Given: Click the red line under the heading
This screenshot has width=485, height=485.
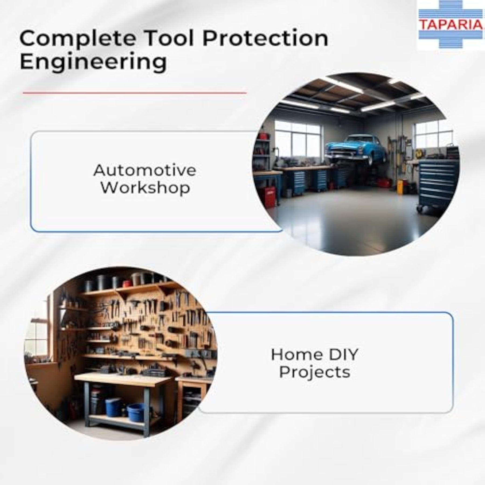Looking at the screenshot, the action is tap(135, 93).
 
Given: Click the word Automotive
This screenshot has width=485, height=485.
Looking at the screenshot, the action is tap(145, 171).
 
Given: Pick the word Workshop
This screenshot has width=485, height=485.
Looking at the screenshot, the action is tap(145, 188).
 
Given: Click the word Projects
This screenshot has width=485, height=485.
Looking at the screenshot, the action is tap(314, 372).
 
